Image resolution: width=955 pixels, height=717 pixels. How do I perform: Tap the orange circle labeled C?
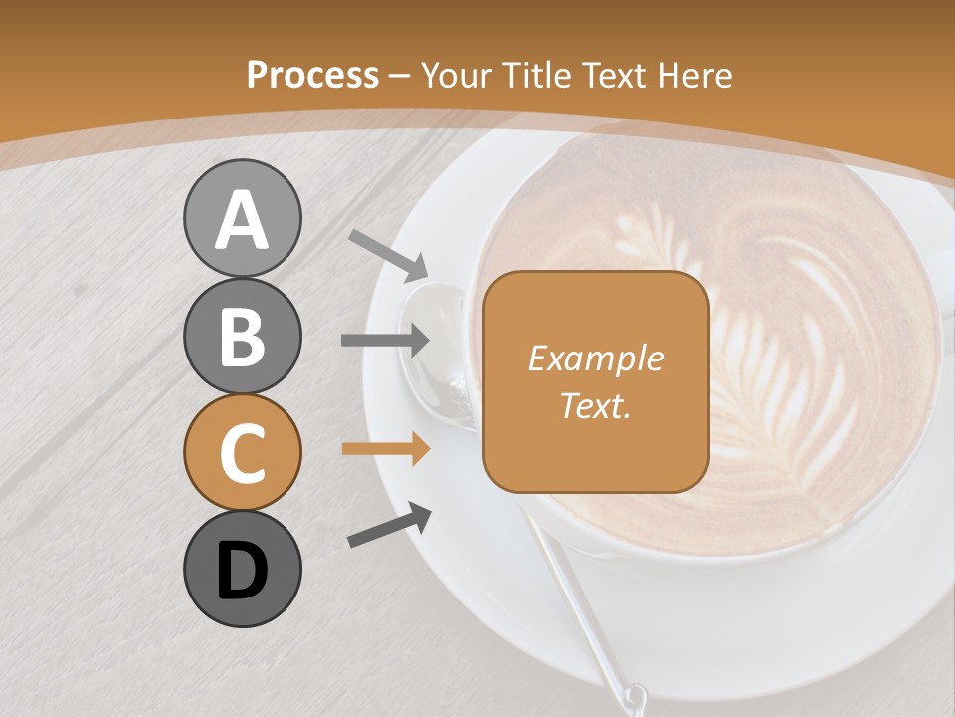tap(242, 452)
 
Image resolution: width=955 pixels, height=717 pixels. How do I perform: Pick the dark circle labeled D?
tap(242, 569)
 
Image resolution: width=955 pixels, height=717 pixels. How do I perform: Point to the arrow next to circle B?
tap(385, 341)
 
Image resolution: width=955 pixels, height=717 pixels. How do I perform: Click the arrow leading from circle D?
tap(389, 525)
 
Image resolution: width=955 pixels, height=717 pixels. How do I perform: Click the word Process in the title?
tap(312, 75)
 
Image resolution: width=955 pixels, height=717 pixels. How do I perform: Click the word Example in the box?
tap(595, 358)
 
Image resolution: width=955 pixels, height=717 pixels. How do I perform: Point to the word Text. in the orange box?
tap(595, 405)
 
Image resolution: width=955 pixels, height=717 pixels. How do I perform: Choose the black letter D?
tap(242, 571)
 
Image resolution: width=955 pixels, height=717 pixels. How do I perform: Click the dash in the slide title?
tap(400, 76)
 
